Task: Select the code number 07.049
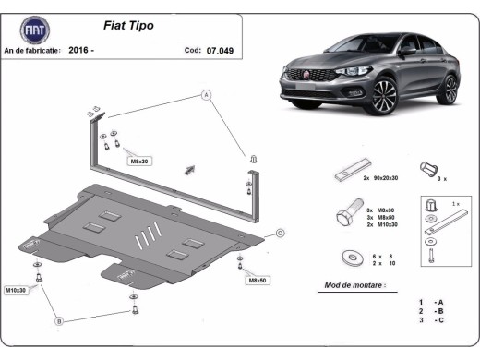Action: pos(222,51)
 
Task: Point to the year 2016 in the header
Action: pos(81,51)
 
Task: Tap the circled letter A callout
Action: pos(207,94)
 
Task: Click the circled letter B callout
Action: pos(59,320)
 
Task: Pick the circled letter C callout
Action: pos(280,233)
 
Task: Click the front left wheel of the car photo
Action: pos(381,96)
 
